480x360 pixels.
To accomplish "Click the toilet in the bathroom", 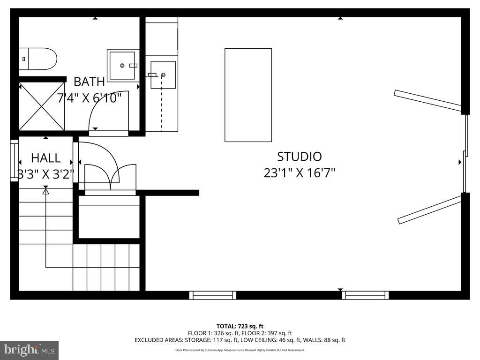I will point(38,59).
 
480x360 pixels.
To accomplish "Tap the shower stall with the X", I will point(42,106).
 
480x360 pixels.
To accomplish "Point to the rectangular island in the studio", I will point(248,95).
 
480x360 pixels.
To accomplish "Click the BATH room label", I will point(89,82).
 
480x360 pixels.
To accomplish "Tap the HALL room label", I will point(45,157).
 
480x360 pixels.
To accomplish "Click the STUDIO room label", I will point(299,157).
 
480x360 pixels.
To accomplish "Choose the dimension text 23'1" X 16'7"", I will point(299,173).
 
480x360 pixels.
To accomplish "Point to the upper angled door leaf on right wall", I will point(427,100).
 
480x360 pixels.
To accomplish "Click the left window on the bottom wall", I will point(212,295).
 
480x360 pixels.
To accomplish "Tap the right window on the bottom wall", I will point(365,295).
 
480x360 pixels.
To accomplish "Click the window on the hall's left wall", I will point(14,160).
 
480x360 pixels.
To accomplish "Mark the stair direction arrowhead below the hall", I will point(45,191).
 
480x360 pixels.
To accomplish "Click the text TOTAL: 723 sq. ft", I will point(240,326).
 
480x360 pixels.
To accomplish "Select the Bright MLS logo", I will point(29,350).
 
